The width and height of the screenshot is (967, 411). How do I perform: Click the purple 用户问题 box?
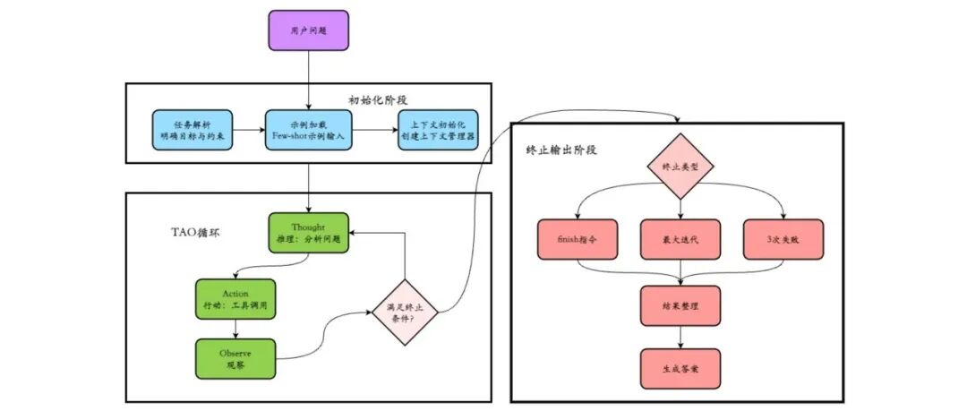point(309,30)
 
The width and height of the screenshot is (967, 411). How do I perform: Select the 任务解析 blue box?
point(192,129)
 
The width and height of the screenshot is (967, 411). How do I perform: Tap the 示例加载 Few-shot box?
point(309,129)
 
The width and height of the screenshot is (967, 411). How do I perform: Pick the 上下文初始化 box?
point(438,129)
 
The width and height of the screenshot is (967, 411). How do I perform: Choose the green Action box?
point(235,299)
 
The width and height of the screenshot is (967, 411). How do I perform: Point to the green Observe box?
point(235,358)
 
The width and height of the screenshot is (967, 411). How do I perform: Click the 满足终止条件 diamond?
point(406,312)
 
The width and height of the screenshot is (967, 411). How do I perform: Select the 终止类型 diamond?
point(680,167)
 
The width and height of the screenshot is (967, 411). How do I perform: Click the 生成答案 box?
point(680,368)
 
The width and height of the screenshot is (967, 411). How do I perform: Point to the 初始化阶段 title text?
point(378,98)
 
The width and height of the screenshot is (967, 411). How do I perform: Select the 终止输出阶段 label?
point(562,150)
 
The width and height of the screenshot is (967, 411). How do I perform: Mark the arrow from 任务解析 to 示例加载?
point(248,130)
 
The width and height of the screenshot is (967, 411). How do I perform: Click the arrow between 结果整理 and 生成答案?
point(680,337)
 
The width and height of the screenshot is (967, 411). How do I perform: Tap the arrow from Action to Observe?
point(235,329)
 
